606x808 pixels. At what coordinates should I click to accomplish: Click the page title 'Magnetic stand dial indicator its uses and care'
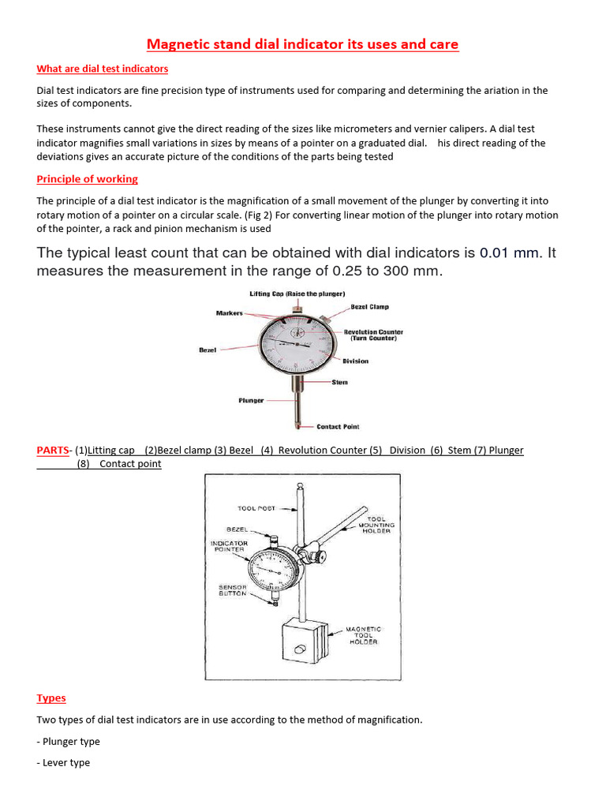tap(303, 44)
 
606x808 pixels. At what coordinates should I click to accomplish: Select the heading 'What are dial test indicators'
tap(103, 69)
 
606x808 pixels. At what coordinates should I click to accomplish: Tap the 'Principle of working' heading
tap(88, 179)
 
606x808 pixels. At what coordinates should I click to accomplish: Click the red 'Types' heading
tap(51, 698)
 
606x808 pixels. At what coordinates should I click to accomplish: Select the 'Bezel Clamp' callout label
tap(369, 307)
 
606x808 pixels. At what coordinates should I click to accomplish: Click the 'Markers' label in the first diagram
tap(230, 313)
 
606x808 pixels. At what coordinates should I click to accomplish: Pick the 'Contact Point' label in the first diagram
tap(338, 427)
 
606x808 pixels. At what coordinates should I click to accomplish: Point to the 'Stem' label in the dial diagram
tap(339, 383)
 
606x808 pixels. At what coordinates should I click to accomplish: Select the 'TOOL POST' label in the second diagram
tap(256, 509)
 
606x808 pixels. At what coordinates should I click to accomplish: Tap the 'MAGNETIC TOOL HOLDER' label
tap(363, 635)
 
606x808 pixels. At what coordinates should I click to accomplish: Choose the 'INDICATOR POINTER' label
tap(229, 546)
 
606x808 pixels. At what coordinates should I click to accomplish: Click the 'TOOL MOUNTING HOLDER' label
tap(376, 525)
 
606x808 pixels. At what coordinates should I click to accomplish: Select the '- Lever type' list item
tap(64, 763)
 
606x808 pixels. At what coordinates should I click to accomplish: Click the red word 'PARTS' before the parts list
tap(52, 451)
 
